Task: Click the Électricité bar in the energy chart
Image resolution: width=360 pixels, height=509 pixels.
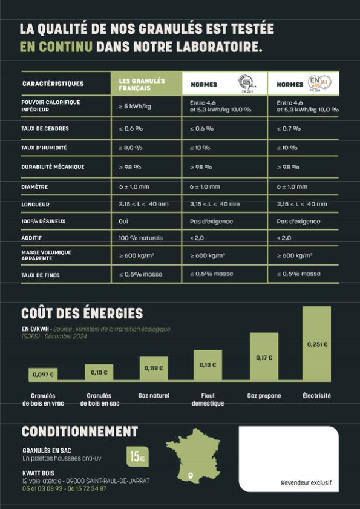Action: point(316,343)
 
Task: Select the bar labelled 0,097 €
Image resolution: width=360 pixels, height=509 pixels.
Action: point(43,374)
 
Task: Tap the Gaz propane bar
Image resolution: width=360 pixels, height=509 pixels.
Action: point(264,356)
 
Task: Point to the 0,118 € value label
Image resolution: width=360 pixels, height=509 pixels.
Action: point(153,367)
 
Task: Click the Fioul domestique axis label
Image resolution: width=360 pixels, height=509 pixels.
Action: point(208,399)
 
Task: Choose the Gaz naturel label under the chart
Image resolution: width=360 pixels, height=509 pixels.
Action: point(154,396)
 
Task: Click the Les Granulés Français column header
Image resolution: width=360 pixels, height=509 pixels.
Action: point(148,84)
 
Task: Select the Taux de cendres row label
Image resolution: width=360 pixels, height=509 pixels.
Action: point(45,128)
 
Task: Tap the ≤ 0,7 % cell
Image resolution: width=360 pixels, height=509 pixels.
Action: point(289,128)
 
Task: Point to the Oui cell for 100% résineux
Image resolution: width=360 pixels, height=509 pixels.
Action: point(123,222)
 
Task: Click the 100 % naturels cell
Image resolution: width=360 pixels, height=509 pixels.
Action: point(141,238)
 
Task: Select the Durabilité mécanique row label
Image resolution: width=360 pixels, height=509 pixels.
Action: point(53,166)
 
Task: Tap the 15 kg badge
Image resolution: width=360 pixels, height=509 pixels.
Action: point(137,456)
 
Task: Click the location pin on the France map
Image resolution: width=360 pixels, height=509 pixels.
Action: point(191,475)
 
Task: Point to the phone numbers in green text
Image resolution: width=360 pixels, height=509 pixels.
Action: point(64,488)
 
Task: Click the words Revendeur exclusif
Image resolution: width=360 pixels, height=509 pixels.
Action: point(306,483)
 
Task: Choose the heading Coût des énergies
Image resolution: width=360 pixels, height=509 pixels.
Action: point(82,314)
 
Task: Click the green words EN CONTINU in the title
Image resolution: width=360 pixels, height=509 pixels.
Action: point(56,47)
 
